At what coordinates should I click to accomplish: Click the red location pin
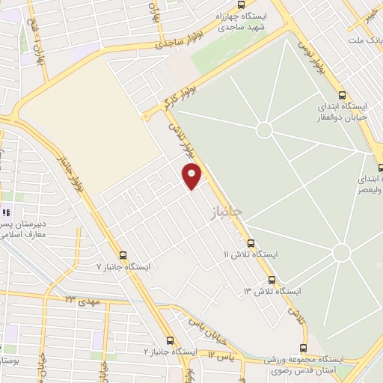(192, 175)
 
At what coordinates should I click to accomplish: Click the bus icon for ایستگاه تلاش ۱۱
(251, 242)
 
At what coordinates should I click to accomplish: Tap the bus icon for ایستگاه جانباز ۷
(123, 254)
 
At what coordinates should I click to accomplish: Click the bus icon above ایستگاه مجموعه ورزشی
(304, 348)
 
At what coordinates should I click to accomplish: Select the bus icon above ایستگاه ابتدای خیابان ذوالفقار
(343, 95)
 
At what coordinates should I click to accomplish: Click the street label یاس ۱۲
(221, 353)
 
